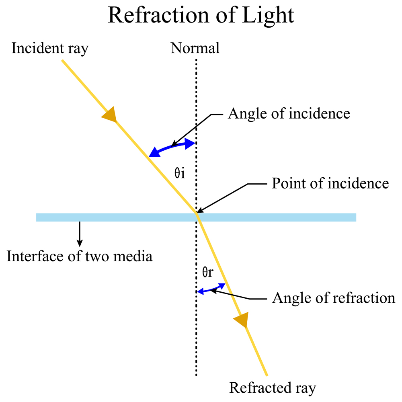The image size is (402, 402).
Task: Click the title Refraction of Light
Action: tap(201, 16)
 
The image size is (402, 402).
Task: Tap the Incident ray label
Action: tap(50, 48)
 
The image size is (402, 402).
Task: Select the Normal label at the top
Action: tap(195, 48)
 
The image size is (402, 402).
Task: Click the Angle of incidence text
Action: tap(289, 114)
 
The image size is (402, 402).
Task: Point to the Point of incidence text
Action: tap(330, 184)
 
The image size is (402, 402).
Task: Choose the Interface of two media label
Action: tap(80, 256)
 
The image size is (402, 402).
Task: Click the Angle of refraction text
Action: tap(334, 298)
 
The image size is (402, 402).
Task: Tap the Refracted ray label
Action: tap(273, 388)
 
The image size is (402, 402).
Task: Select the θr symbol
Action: tap(207, 273)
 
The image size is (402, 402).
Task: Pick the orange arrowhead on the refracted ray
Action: tap(241, 320)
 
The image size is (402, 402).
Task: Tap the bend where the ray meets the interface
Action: tap(197, 213)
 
